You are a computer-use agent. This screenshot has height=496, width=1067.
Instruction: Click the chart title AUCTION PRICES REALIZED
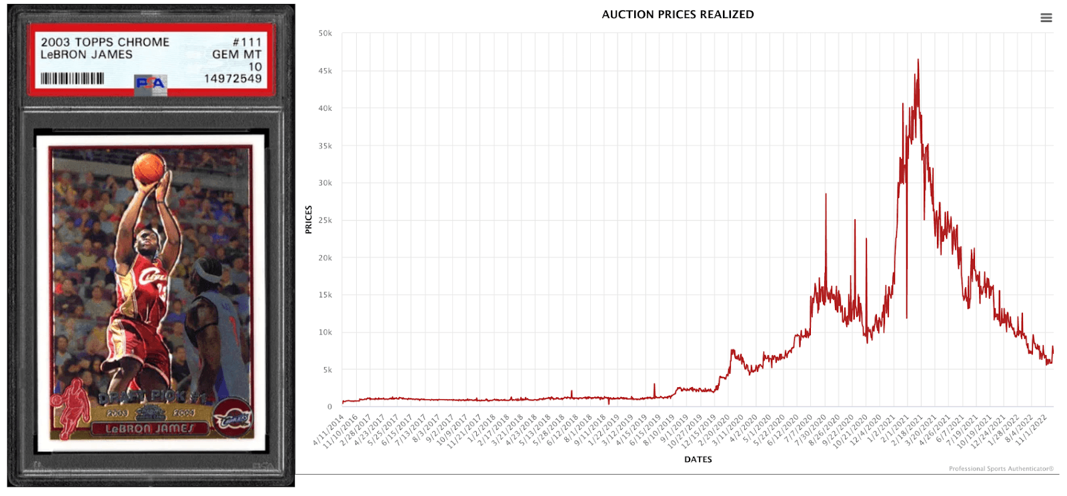678,14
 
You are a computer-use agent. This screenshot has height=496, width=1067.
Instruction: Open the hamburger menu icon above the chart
1046,18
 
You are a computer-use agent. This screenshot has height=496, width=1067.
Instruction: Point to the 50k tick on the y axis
325,33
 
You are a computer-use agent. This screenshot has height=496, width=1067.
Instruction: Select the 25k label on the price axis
325,220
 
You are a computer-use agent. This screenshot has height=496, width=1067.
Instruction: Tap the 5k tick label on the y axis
327,370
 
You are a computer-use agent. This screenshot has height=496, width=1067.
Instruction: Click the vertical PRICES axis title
309,220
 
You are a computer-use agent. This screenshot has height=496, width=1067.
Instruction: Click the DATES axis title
698,459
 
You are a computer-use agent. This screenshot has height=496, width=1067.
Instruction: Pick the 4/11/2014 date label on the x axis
328,430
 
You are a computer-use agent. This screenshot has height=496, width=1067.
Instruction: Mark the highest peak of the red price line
918,60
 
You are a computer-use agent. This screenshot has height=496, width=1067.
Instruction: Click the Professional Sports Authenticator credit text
1001,469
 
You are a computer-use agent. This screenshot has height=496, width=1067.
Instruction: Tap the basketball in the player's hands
149,168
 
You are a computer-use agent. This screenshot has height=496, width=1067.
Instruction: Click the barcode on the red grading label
72,79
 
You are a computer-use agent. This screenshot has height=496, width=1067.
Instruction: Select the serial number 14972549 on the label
233,79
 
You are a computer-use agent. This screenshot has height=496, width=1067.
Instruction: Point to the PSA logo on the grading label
150,83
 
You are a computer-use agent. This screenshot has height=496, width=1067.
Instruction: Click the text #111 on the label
247,42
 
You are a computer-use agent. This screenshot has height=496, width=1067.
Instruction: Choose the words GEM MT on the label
237,55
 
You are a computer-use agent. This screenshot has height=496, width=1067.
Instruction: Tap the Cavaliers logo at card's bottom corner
232,420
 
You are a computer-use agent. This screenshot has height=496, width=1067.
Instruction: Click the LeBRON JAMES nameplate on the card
150,429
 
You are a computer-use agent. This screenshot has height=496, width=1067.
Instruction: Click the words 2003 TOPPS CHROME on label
105,42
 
